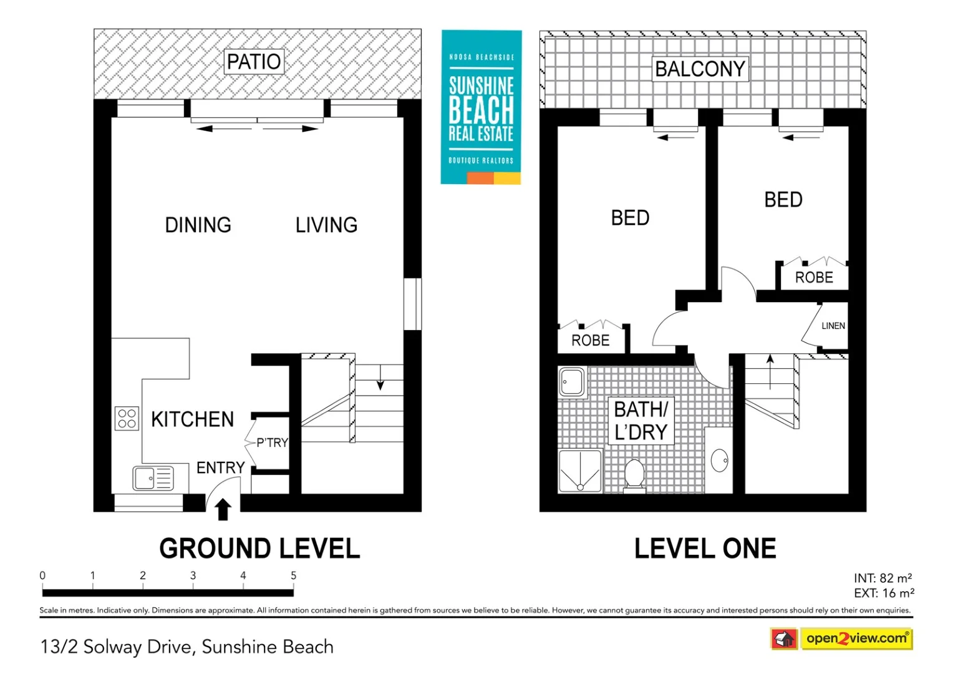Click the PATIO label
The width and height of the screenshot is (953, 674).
(254, 62)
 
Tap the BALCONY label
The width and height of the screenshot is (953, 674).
(700, 69)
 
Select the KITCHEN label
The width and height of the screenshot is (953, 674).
(192, 419)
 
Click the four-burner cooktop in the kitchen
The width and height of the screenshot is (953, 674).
(127, 419)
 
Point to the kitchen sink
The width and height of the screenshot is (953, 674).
(153, 478)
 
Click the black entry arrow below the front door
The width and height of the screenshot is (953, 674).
(223, 509)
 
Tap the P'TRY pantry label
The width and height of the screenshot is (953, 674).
(273, 443)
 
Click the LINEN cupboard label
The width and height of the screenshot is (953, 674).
(833, 326)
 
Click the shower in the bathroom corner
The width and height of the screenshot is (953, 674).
(580, 471)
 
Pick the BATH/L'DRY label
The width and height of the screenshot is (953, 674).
(641, 421)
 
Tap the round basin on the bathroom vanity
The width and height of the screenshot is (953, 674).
(720, 461)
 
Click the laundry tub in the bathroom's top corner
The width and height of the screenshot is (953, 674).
(572, 382)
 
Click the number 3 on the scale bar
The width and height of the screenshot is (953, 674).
(193, 575)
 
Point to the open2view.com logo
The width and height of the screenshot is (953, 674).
(841, 638)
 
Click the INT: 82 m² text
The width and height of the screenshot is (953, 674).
(883, 578)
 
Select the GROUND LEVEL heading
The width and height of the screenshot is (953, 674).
(259, 549)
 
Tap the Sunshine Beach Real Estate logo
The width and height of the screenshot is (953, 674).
(481, 107)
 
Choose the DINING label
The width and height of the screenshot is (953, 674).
(198, 225)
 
